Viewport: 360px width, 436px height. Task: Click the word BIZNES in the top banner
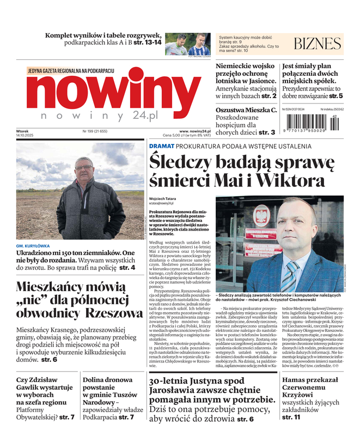tap(317, 44)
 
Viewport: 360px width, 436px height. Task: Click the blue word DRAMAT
tap(161, 146)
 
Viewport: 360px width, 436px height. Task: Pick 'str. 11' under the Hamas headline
tap(291, 417)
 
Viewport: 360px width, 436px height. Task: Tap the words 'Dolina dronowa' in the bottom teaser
tap(107, 380)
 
